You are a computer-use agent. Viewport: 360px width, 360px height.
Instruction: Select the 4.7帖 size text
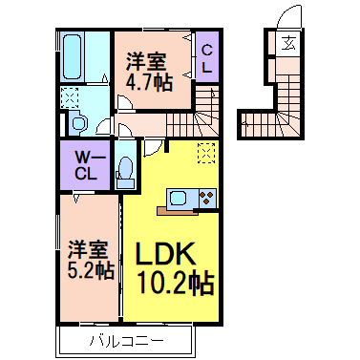pyautogui.click(x=150, y=81)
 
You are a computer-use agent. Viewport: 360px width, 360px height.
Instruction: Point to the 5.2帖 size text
pyautogui.click(x=91, y=270)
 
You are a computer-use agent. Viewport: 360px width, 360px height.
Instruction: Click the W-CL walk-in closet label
pyautogui.click(x=86, y=165)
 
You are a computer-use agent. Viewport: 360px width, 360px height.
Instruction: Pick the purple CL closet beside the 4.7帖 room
pyautogui.click(x=206, y=59)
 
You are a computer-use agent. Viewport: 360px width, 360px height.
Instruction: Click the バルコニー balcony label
pyautogui.click(x=127, y=340)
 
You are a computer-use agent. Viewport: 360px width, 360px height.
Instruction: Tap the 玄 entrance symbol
pyautogui.click(x=287, y=44)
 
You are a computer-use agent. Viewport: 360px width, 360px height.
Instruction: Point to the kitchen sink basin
pyautogui.click(x=180, y=199)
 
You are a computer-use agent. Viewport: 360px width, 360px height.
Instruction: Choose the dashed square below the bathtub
pyautogui.click(x=70, y=96)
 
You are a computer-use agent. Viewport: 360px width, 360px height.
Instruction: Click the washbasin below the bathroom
pyautogui.click(x=78, y=121)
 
